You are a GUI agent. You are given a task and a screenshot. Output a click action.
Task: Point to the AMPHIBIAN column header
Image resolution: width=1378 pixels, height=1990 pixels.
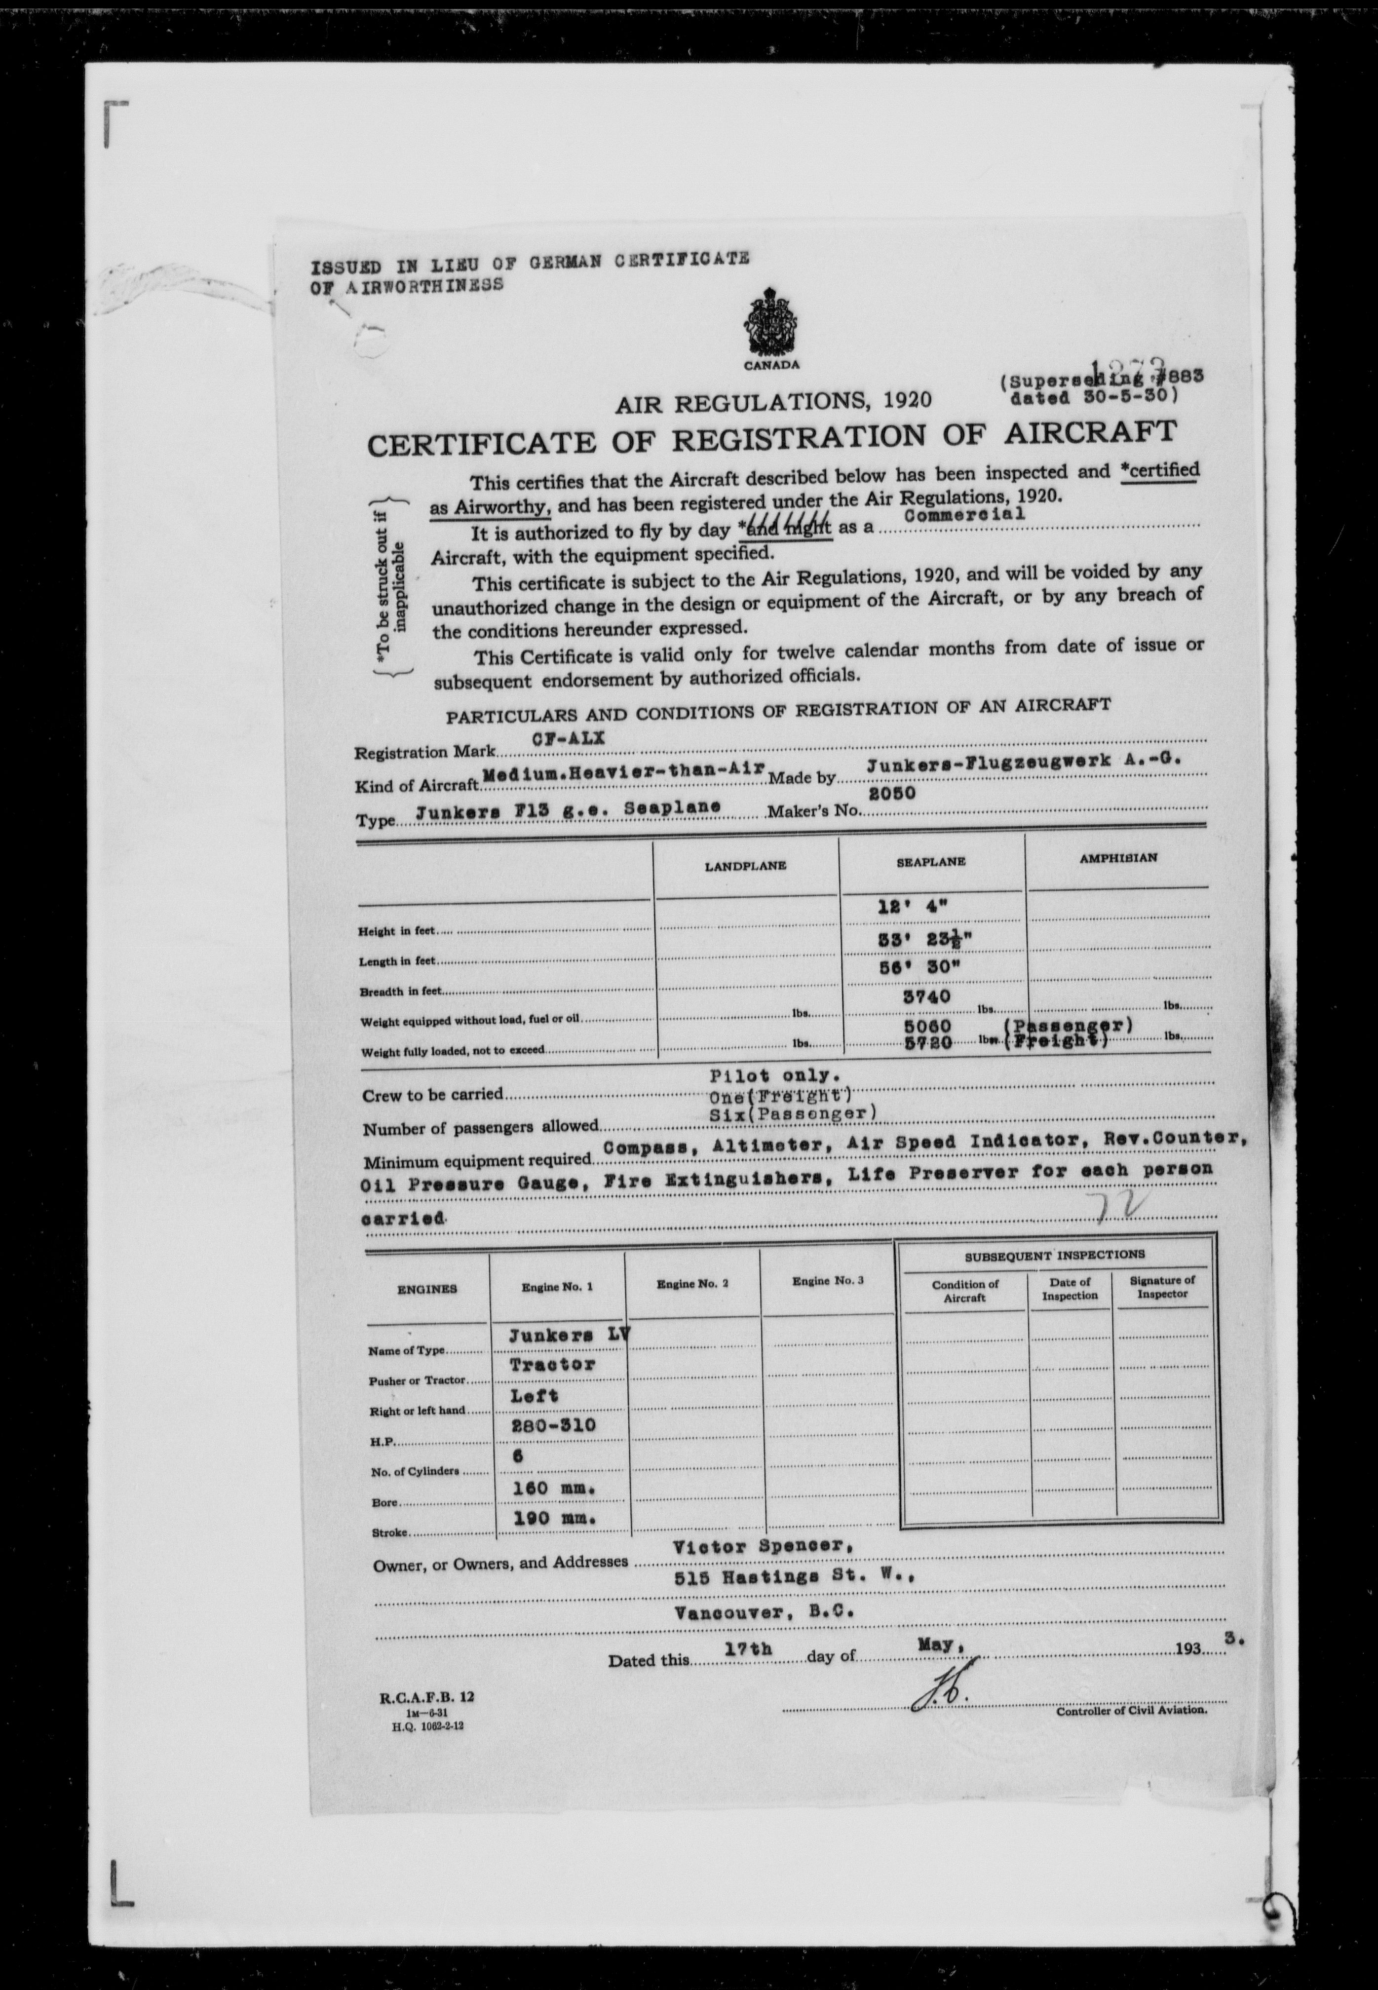(1117, 858)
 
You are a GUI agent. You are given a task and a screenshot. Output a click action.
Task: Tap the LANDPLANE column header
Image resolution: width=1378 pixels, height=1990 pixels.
(746, 865)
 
